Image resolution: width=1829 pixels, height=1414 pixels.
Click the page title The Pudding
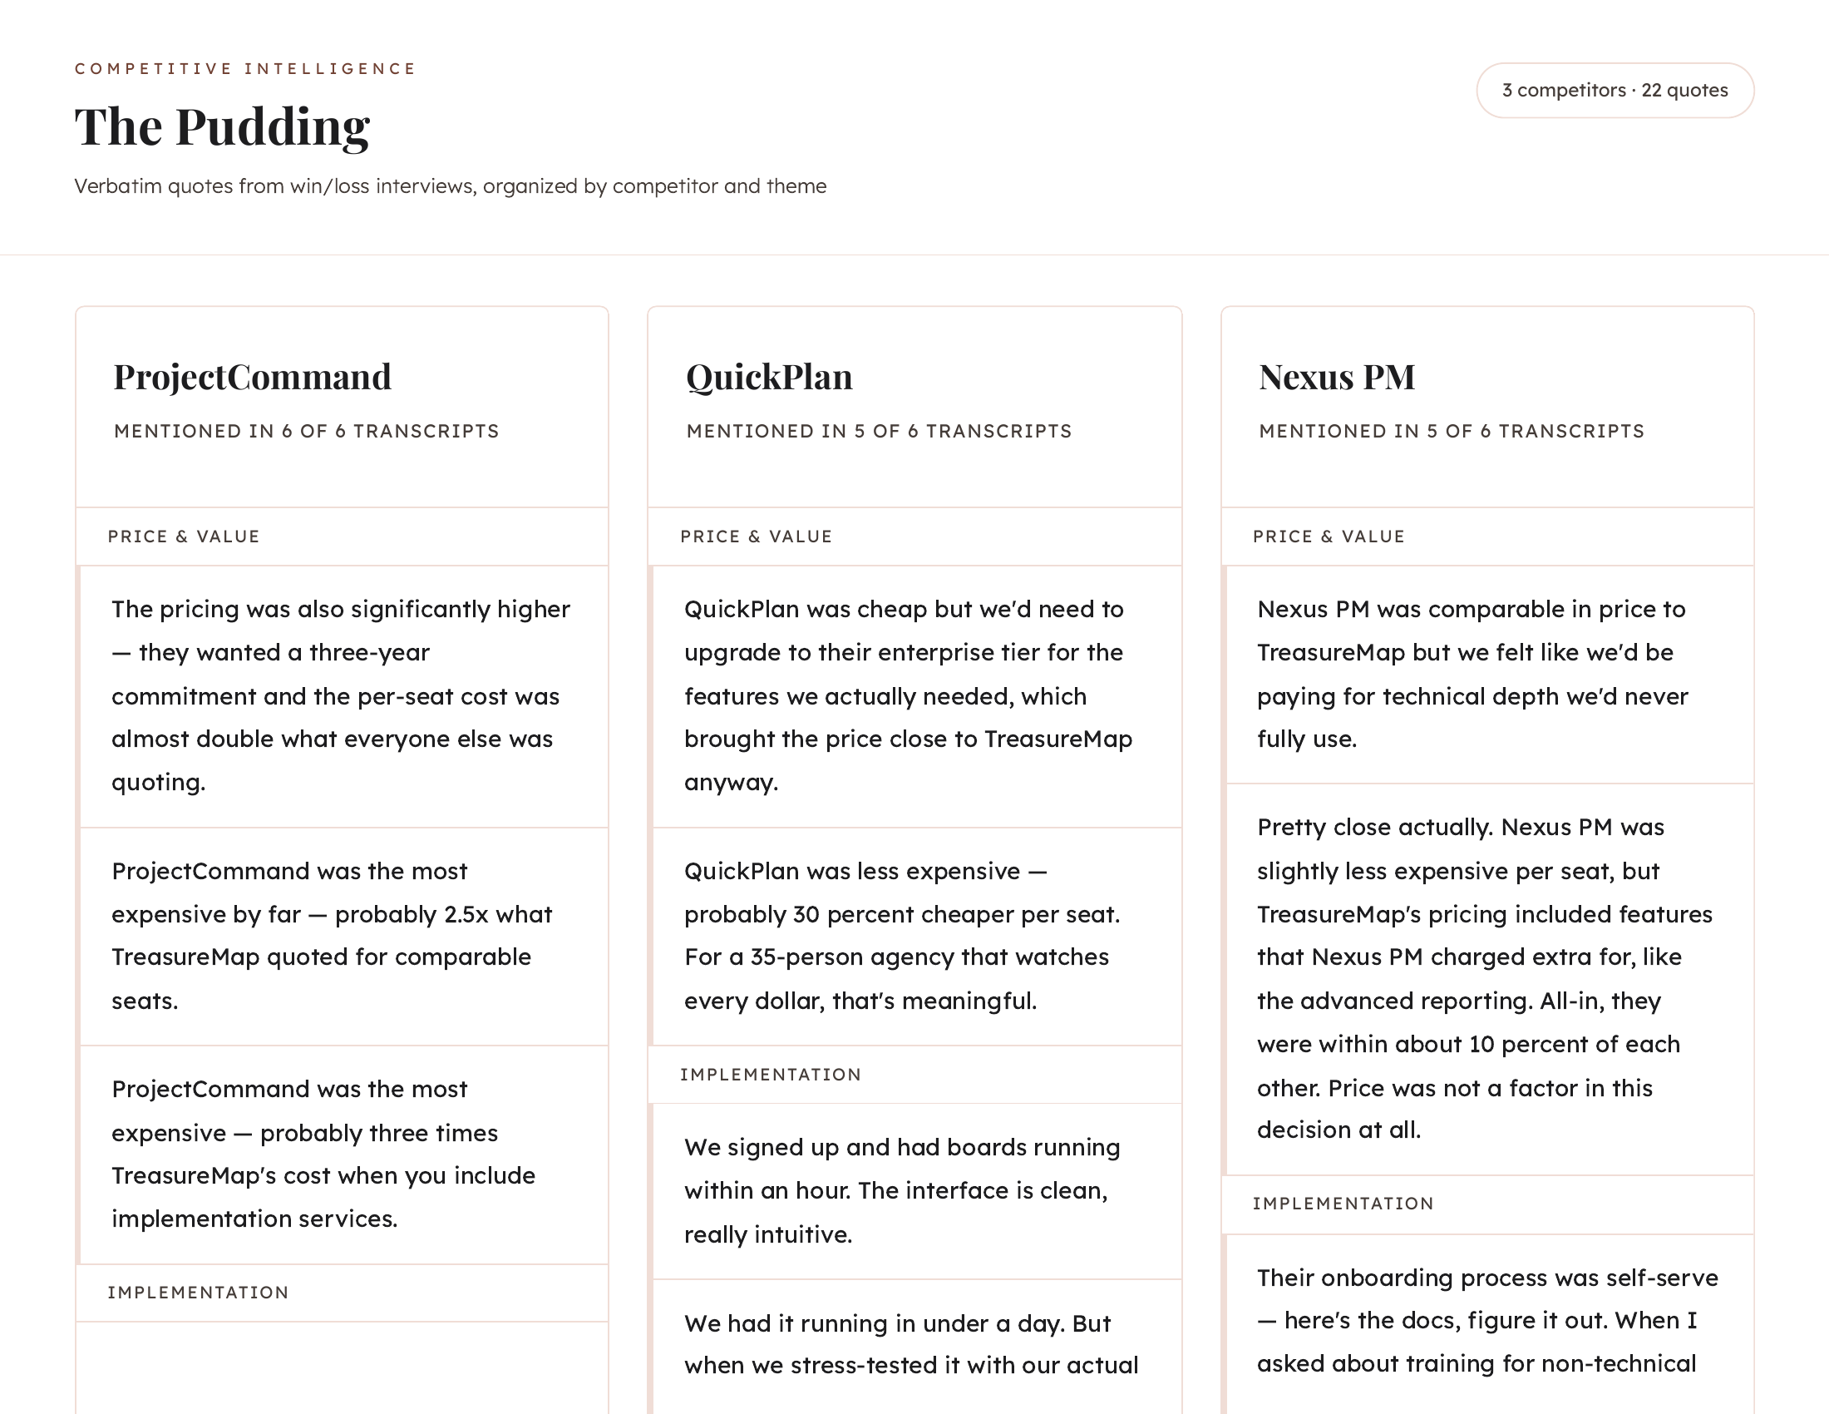coord(222,126)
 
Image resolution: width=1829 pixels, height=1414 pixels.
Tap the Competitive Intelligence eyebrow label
coord(244,69)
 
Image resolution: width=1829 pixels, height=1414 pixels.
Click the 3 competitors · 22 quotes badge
coord(1614,91)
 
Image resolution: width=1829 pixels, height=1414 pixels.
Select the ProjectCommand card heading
coord(252,377)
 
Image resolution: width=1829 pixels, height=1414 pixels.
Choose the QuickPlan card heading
coord(769,377)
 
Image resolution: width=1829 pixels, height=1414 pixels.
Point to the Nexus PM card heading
coord(1337,377)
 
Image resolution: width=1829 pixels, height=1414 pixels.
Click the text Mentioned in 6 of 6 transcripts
coord(306,432)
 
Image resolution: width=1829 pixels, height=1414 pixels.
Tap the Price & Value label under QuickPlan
coord(756,537)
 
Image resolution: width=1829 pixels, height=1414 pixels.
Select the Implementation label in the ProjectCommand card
coord(198,1293)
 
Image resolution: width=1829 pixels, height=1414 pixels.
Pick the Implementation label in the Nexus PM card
coord(1343,1204)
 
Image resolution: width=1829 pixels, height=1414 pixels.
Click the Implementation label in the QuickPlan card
coord(770,1075)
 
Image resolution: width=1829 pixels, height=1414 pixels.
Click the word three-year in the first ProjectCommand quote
coord(367,653)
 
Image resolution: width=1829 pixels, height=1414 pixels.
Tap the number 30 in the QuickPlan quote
coord(806,915)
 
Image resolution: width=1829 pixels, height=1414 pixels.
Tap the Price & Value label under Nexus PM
coord(1329,537)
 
